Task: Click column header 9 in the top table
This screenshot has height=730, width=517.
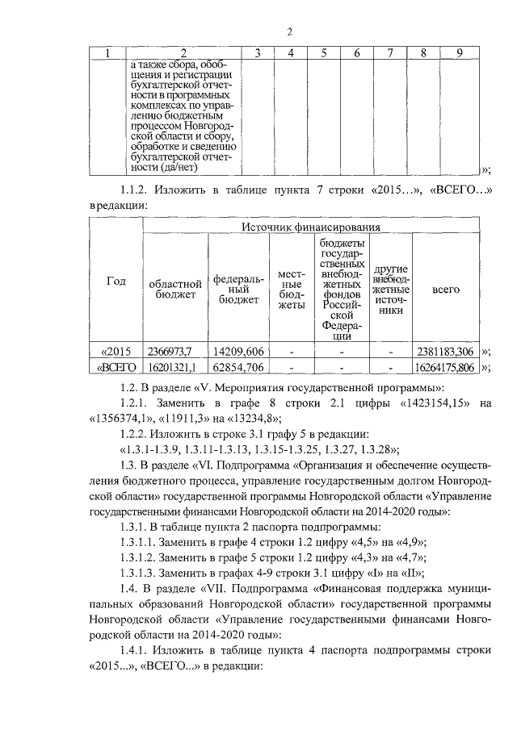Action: tap(459, 53)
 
